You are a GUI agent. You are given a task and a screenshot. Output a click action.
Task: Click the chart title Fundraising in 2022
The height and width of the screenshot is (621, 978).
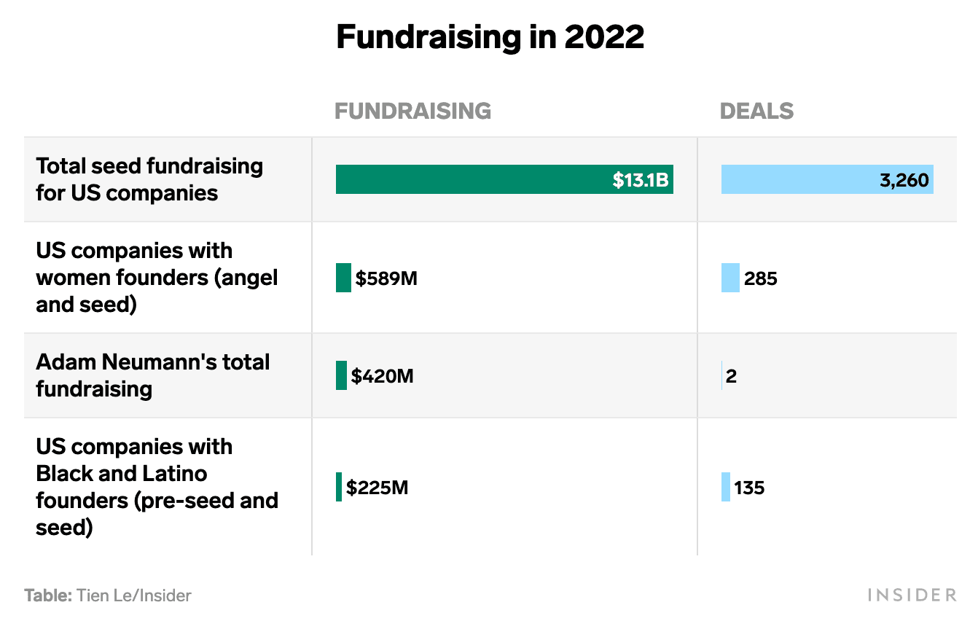(x=490, y=37)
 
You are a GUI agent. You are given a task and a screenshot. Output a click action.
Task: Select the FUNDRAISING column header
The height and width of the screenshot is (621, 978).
(x=412, y=111)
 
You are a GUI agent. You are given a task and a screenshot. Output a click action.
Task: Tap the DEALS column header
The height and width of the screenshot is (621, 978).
(x=756, y=111)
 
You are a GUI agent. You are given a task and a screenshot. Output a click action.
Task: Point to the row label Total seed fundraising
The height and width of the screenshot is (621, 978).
(x=149, y=179)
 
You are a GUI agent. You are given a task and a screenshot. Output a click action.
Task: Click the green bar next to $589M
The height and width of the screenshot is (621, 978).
(x=343, y=278)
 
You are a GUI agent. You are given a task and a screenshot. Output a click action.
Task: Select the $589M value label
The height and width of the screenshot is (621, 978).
(x=386, y=278)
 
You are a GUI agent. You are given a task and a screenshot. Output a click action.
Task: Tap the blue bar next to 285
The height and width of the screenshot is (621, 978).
(x=730, y=278)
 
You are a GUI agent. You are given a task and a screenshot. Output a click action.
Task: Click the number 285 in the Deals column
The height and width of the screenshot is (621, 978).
(x=761, y=278)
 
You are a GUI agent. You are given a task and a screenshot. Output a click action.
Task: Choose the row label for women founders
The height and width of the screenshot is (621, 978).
(x=157, y=278)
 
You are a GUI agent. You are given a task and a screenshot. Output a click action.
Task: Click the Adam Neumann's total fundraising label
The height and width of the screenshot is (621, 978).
(x=152, y=375)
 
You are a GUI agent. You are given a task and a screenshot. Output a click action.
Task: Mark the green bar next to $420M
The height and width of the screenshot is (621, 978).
(x=341, y=375)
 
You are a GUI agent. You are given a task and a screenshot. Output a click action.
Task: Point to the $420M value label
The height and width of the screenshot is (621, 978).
(x=382, y=376)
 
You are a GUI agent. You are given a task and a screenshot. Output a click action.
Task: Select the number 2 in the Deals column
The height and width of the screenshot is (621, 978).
(x=731, y=376)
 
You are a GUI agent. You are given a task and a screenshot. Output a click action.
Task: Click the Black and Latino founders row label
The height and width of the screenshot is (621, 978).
(x=157, y=487)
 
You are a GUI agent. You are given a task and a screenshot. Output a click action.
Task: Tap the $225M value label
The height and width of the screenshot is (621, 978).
(x=377, y=488)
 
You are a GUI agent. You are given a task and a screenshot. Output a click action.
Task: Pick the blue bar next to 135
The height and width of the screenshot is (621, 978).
(x=726, y=487)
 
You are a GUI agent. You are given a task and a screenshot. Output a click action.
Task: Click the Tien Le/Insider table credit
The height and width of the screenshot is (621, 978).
(x=108, y=595)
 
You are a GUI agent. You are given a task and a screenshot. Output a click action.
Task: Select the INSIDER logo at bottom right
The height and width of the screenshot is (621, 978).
(x=912, y=595)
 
